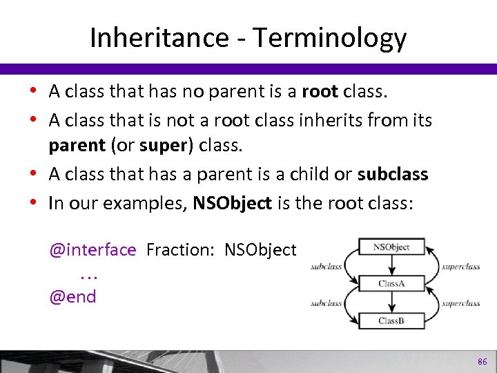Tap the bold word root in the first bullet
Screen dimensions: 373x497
[320, 91]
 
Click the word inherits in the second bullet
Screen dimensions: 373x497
[331, 120]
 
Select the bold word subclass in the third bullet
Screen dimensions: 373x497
[393, 174]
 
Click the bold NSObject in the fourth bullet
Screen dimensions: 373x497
[232, 203]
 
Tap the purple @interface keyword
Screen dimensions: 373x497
[92, 249]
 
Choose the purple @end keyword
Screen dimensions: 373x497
[72, 297]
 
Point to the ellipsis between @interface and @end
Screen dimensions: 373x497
[88, 275]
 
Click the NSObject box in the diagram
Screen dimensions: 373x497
[391, 247]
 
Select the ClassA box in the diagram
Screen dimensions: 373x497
[391, 284]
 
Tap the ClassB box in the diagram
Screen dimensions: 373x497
[391, 321]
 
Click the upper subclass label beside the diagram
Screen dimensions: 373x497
[326, 266]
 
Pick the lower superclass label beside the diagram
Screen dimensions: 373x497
[460, 303]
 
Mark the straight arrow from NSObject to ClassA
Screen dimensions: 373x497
[391, 265]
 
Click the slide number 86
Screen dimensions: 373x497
[482, 362]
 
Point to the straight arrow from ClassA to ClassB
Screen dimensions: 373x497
[391, 303]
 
